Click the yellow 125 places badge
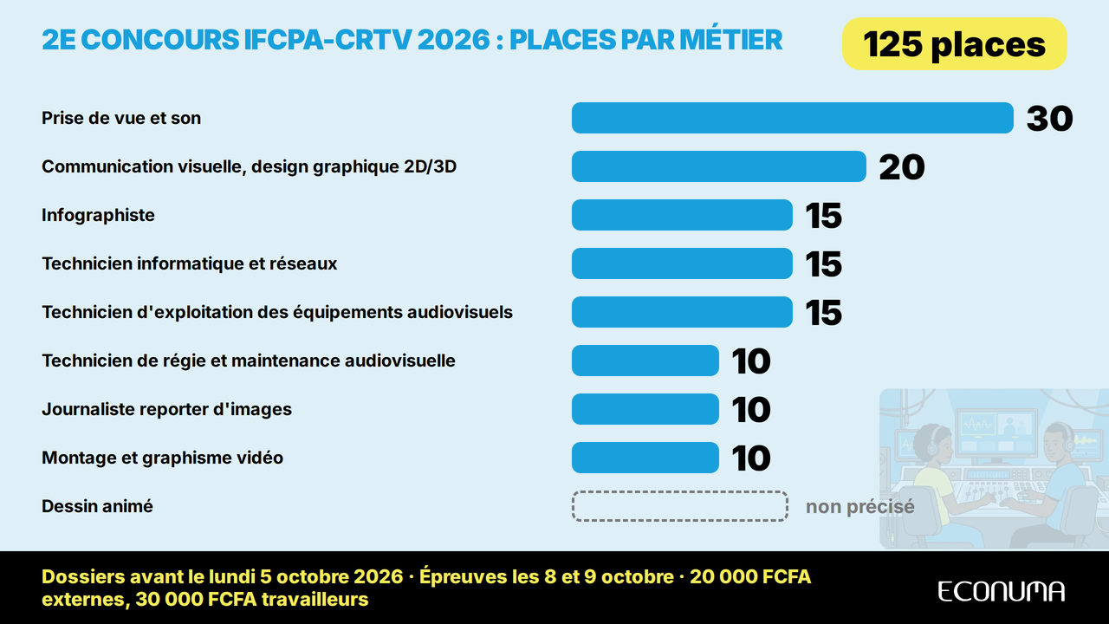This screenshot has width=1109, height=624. click(x=954, y=43)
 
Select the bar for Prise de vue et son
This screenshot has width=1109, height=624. click(x=792, y=118)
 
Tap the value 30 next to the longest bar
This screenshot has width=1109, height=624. click(x=1049, y=119)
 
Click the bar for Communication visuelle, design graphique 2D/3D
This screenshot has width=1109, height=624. click(x=719, y=166)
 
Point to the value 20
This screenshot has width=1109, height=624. click(x=902, y=167)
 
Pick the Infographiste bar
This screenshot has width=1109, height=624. click(x=682, y=215)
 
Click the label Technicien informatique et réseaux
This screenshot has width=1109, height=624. click(x=189, y=263)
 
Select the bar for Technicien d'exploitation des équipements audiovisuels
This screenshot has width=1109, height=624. click(x=682, y=312)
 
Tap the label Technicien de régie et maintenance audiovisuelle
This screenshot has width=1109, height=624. click(x=249, y=361)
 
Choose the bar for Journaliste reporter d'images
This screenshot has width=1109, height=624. click(x=645, y=409)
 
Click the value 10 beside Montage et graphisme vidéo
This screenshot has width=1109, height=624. click(x=751, y=458)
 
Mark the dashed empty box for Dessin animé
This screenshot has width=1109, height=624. click(x=680, y=491)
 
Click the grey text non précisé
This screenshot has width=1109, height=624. click(x=860, y=507)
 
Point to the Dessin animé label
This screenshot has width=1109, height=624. click(x=98, y=506)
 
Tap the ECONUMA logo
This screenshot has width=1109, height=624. click(x=1001, y=591)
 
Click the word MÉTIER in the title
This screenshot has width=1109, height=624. click(x=730, y=40)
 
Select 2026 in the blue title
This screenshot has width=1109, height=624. click(x=453, y=40)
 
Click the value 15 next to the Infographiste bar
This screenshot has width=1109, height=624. click(x=823, y=216)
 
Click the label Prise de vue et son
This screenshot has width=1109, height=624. click(x=121, y=118)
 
